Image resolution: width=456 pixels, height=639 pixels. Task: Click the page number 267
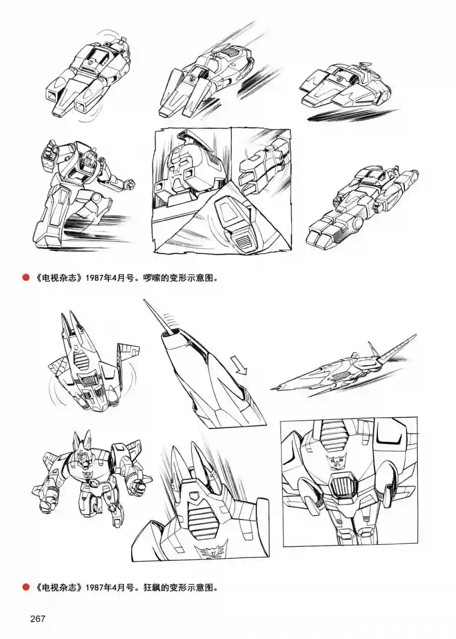click(x=38, y=618)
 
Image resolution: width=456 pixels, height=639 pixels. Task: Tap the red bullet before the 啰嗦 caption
click(x=24, y=277)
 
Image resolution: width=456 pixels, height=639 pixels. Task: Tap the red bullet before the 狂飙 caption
click(x=24, y=586)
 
